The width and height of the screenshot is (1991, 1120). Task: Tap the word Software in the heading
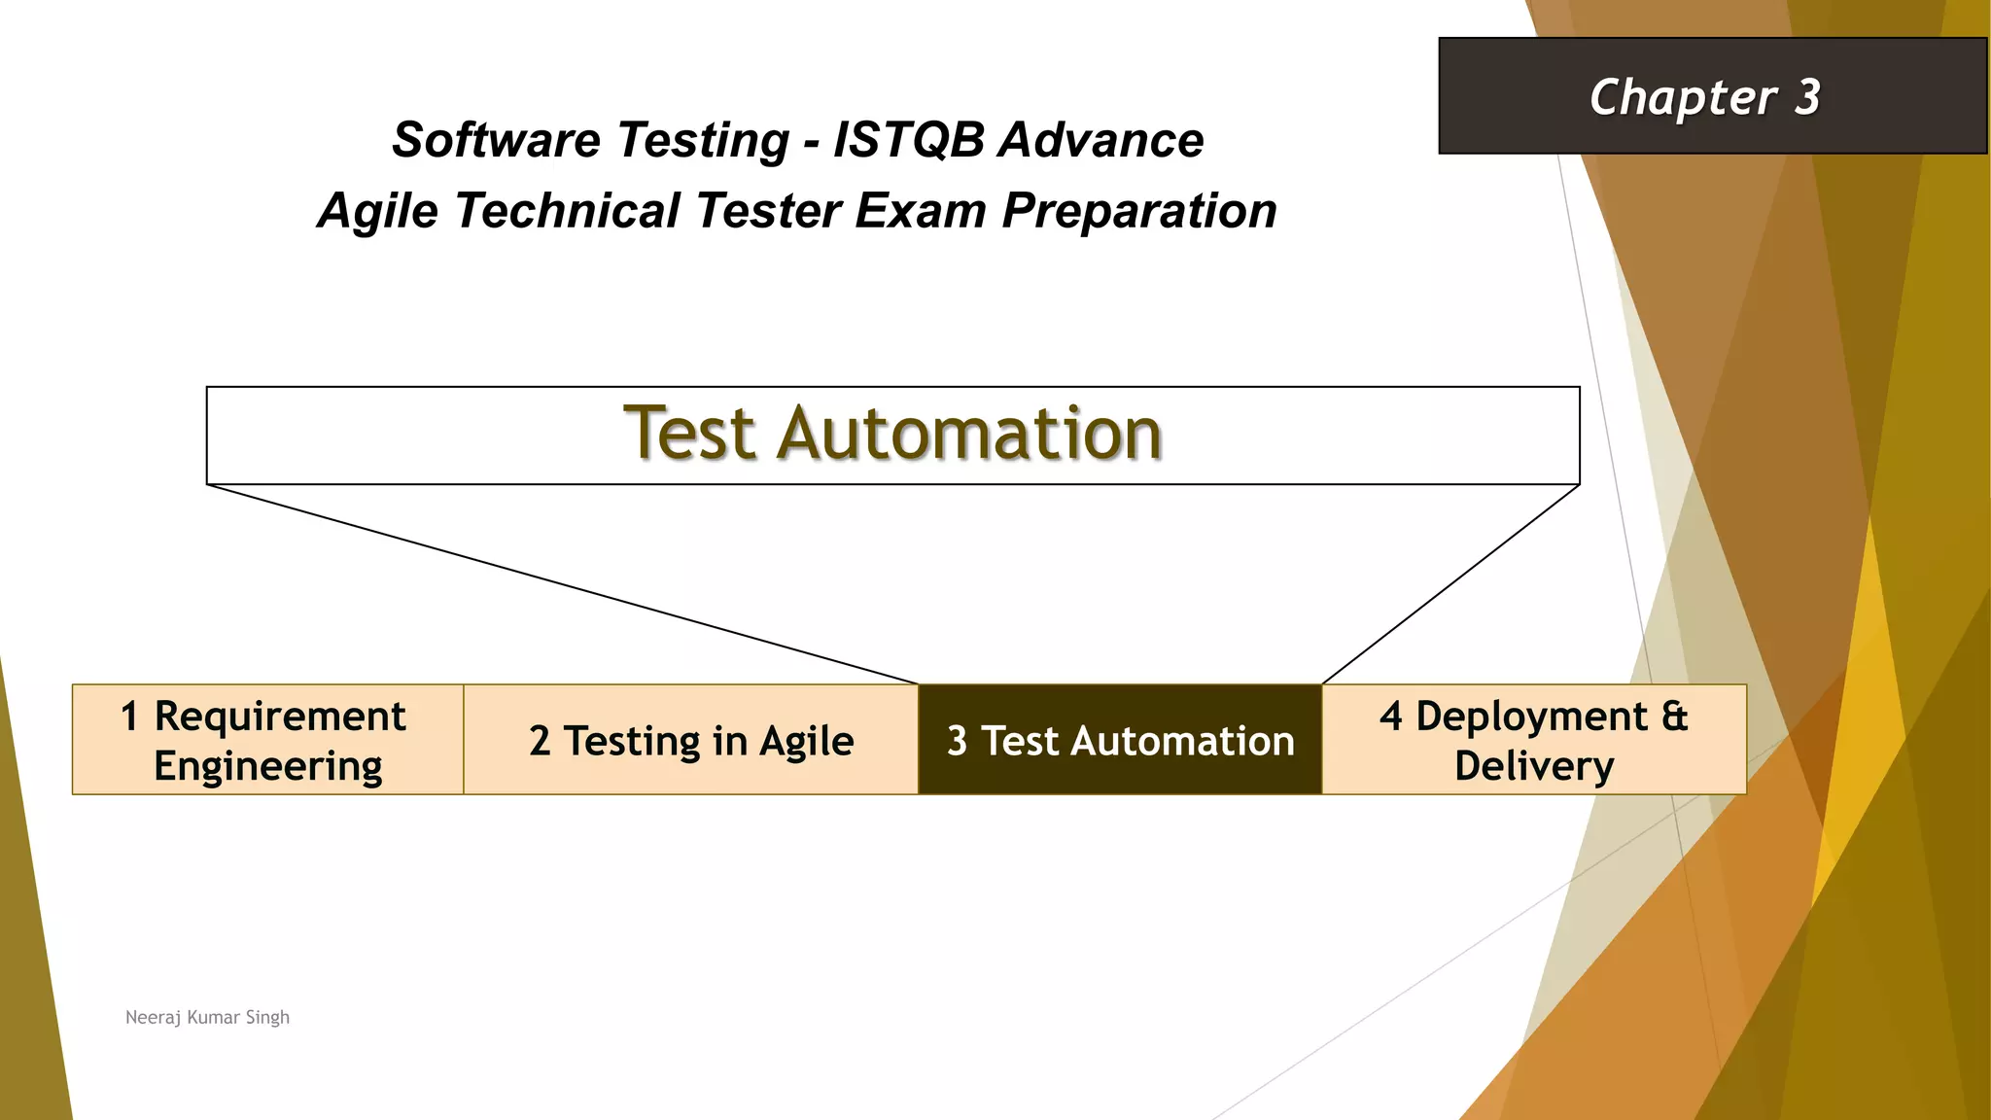[494, 140]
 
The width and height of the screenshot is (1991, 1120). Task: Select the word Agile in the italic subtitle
[378, 211]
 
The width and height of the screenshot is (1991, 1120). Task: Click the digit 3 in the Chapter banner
[1807, 97]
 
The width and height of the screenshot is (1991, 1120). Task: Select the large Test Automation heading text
[892, 434]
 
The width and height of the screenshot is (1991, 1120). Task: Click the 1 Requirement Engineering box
[267, 740]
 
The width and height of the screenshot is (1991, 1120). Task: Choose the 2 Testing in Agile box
[691, 740]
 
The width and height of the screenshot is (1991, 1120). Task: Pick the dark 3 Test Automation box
[1120, 740]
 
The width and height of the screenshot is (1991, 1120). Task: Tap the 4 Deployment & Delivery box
[1534, 740]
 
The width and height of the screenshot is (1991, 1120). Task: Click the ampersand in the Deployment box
[1674, 717]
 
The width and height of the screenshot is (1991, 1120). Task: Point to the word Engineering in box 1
[267, 766]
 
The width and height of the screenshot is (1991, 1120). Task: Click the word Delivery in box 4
[1534, 766]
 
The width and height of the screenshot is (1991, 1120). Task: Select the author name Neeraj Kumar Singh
[207, 1017]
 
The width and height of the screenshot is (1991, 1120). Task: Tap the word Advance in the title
[1101, 140]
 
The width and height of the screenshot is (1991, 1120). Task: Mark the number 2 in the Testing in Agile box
[540, 742]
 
